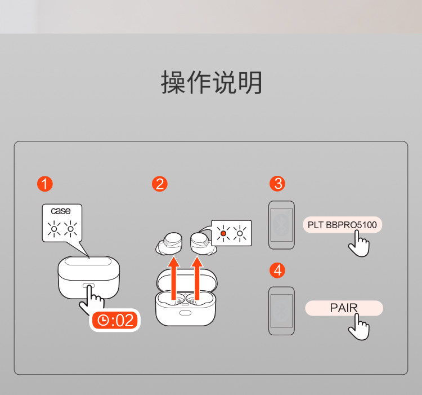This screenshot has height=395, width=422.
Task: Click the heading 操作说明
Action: (212, 83)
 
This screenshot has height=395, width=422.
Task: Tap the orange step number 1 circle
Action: (44, 184)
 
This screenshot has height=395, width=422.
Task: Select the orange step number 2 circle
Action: (160, 184)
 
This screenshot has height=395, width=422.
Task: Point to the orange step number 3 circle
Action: (276, 184)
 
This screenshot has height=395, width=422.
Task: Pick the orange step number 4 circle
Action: (276, 270)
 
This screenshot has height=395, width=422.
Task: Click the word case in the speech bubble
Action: (61, 211)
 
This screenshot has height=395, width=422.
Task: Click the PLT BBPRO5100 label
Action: (342, 225)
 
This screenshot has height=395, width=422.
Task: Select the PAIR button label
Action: (343, 308)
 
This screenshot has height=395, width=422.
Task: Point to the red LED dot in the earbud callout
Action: (223, 232)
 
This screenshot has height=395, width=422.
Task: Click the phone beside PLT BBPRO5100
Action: (281, 225)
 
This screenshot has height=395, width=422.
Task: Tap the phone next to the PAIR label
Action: (281, 311)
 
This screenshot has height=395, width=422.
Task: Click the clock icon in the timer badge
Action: (103, 321)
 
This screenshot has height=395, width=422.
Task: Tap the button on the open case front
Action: (185, 312)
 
